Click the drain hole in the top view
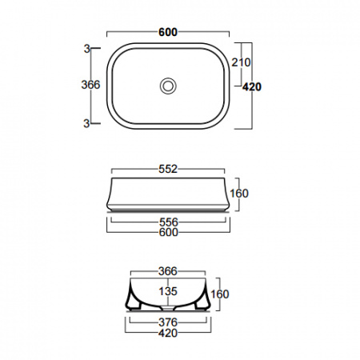click(168, 86)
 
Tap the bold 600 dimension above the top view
click(168, 32)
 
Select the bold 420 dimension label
click(252, 87)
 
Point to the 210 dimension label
click(241, 62)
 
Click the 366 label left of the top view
click(90, 85)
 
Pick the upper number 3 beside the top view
click(87, 49)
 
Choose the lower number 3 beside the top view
click(86, 123)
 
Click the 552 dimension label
click(168, 169)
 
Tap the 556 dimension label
click(168, 222)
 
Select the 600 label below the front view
click(169, 232)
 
